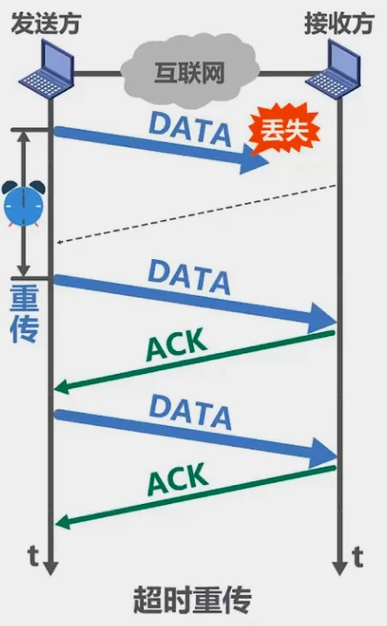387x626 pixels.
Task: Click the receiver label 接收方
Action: pyautogui.click(x=338, y=22)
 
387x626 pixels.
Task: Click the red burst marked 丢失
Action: pyautogui.click(x=286, y=130)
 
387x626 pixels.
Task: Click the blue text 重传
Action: pyautogui.click(x=24, y=315)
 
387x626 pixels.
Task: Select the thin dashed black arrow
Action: pyautogui.click(x=196, y=214)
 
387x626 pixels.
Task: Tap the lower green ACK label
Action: pyautogui.click(x=177, y=482)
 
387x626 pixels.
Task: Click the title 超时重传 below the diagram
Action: pyautogui.click(x=192, y=601)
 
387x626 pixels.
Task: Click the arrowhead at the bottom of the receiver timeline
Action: pyautogui.click(x=340, y=565)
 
